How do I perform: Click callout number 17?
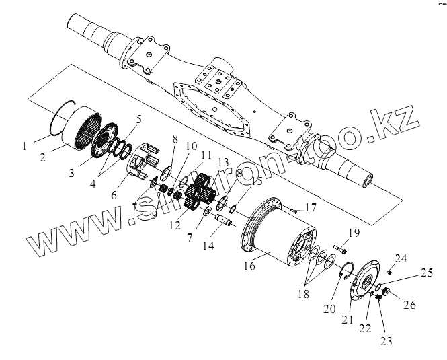coord(311,207)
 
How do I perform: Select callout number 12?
coord(175,225)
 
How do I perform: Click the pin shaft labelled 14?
coord(223,217)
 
